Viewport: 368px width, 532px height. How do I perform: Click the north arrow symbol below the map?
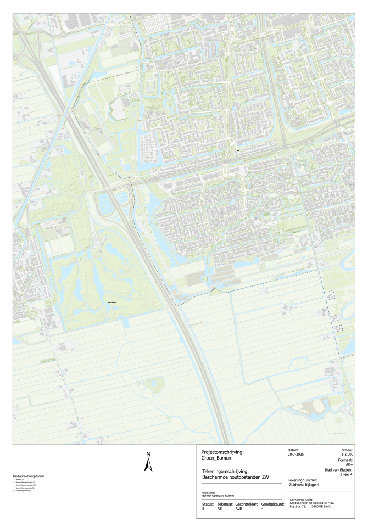click(148, 466)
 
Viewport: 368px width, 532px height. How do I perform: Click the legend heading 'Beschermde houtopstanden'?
click(29, 475)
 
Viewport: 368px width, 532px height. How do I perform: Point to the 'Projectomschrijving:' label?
click(215, 452)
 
